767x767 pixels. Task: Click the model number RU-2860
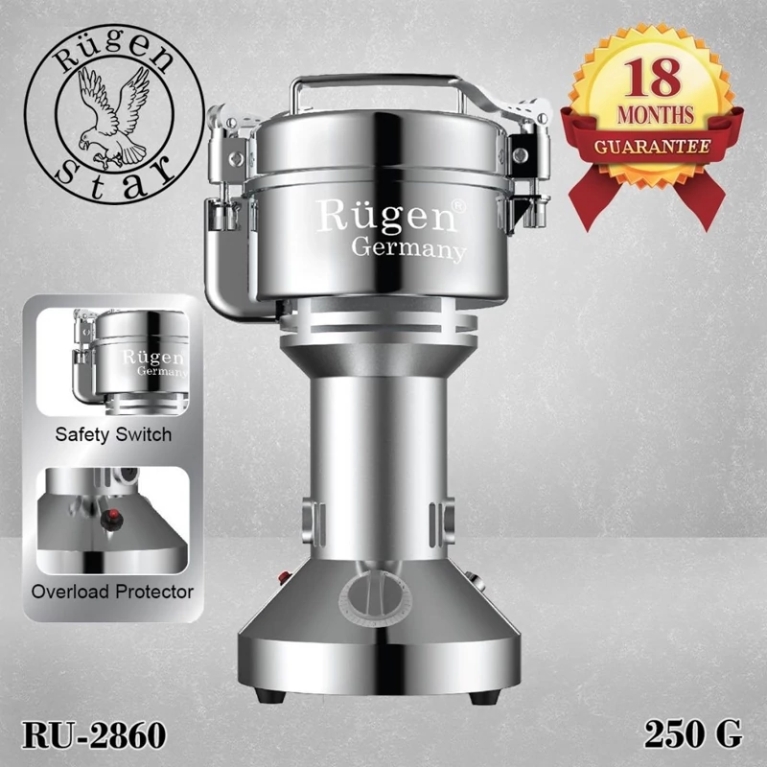pos(94,734)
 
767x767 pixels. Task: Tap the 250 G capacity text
pos(692,734)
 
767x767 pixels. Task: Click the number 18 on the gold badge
pos(652,78)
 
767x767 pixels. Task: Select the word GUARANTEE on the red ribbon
pos(653,147)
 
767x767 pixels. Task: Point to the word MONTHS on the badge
pos(656,115)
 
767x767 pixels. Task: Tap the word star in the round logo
pos(115,180)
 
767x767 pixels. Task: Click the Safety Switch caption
pos(113,434)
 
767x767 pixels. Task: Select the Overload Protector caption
pos(112,592)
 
